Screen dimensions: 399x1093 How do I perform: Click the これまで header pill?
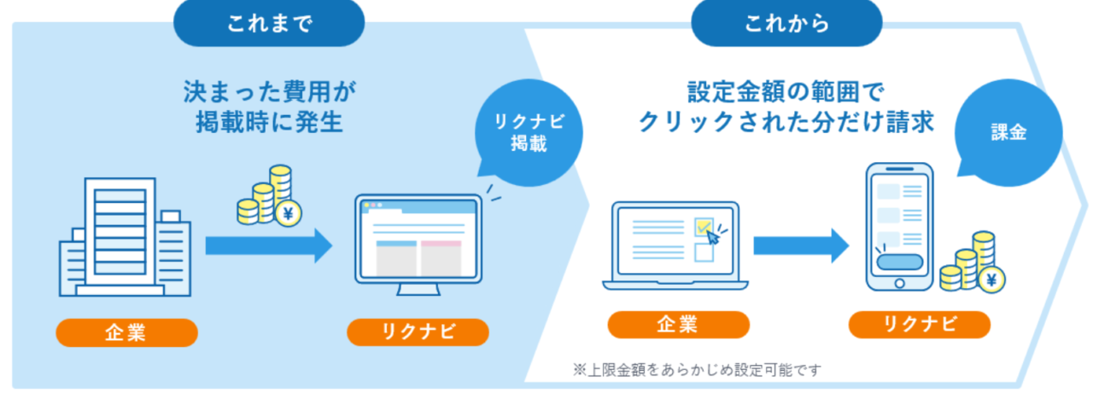(x=270, y=23)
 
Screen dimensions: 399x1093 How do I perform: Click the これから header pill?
(x=786, y=23)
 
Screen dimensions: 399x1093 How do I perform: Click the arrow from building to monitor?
(x=268, y=246)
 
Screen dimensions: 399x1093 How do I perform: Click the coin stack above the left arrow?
(x=269, y=199)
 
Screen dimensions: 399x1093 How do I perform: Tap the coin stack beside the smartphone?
(x=973, y=264)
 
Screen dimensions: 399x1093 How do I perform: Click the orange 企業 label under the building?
(x=126, y=332)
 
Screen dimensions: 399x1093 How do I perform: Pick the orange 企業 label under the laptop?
(x=678, y=325)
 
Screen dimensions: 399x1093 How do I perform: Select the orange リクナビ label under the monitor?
(x=418, y=332)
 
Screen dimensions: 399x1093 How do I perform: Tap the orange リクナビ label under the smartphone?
(x=919, y=325)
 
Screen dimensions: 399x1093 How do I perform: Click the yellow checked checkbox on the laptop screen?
(x=704, y=227)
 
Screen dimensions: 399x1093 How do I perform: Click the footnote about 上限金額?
(x=697, y=370)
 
